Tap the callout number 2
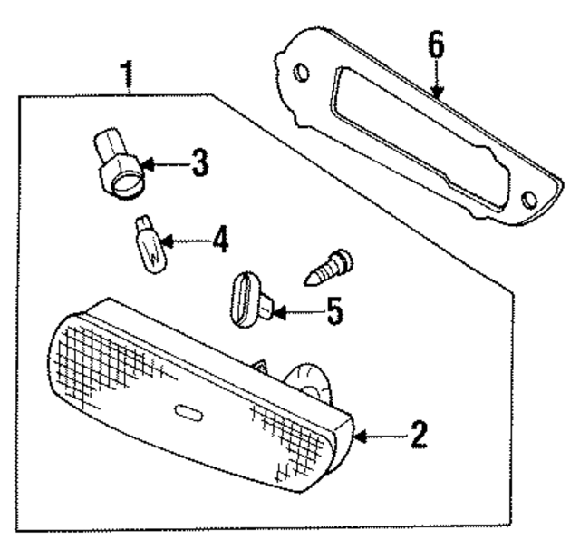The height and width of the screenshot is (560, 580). tap(417, 435)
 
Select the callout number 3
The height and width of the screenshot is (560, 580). tap(200, 164)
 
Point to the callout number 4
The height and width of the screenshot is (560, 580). tap(220, 241)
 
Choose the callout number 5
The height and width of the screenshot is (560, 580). tap(334, 312)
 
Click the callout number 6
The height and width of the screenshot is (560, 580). tap(437, 45)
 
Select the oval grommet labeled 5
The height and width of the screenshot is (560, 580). tap(247, 299)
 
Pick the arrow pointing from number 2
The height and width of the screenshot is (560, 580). tap(376, 437)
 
